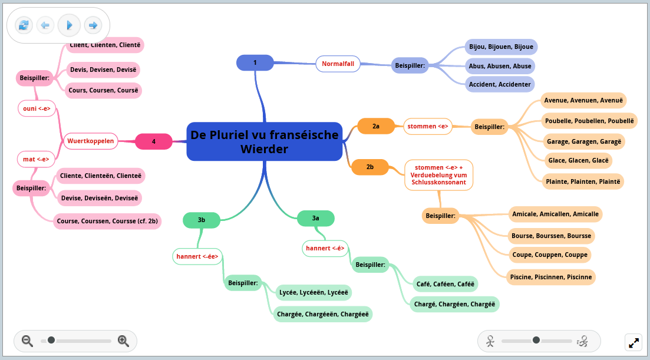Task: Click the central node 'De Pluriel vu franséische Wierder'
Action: (264, 141)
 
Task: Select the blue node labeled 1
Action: (255, 62)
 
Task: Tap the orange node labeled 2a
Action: (376, 126)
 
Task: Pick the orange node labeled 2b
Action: (370, 167)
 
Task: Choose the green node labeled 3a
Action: (316, 218)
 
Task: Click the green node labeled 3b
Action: (202, 220)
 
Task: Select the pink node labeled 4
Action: (154, 141)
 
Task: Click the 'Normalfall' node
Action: (338, 64)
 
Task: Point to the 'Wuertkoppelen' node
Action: (91, 141)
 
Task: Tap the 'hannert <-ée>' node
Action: (197, 256)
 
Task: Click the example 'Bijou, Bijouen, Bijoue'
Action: (500, 47)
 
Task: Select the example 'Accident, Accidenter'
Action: (500, 84)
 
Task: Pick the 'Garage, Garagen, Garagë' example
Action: (585, 142)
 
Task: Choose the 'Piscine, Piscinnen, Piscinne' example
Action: (551, 277)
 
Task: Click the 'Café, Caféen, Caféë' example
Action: (445, 284)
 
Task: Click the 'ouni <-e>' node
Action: (37, 108)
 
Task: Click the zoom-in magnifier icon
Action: (123, 341)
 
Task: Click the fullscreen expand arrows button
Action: (633, 342)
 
